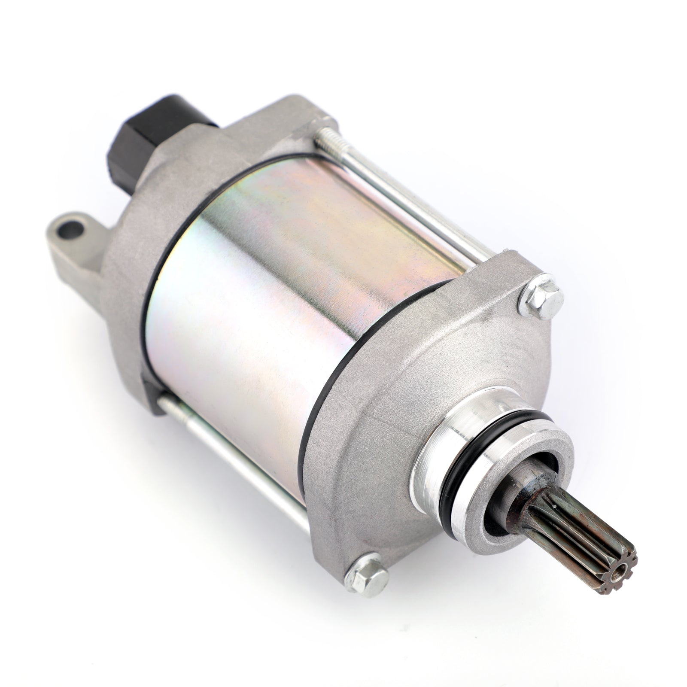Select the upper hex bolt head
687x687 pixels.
[540, 296]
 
